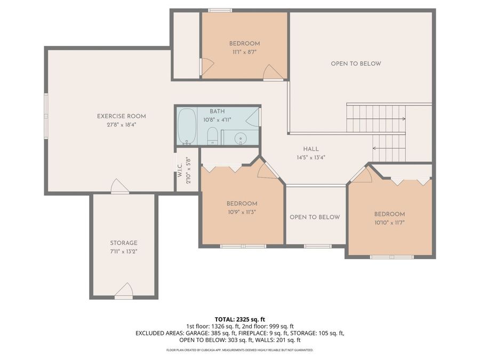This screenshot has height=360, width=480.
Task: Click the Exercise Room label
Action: [121, 116]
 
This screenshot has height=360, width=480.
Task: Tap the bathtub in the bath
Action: [187, 126]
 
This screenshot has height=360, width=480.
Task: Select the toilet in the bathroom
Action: [212, 136]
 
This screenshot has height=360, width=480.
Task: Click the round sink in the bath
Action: [241, 139]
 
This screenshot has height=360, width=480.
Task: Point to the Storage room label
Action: [124, 243]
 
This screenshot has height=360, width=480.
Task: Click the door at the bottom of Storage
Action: [124, 291]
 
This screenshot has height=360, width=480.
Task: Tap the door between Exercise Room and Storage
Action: [119, 187]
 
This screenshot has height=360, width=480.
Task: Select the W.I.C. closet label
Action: [180, 171]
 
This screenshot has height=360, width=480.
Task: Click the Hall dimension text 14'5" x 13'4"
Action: [311, 157]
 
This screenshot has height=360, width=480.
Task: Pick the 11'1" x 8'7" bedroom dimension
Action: [244, 52]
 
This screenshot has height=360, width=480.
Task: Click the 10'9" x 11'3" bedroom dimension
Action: [242, 211]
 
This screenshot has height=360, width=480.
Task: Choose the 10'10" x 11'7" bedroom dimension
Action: [389, 222]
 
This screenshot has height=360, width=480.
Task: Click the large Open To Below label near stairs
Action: [356, 63]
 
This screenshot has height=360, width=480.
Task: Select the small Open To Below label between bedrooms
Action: [315, 217]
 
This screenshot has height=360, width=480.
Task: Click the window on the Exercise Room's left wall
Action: [46, 113]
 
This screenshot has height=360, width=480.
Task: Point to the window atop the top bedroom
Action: [220, 10]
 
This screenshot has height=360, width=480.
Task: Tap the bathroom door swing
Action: [254, 117]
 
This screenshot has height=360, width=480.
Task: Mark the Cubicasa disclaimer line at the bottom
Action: [239, 350]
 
